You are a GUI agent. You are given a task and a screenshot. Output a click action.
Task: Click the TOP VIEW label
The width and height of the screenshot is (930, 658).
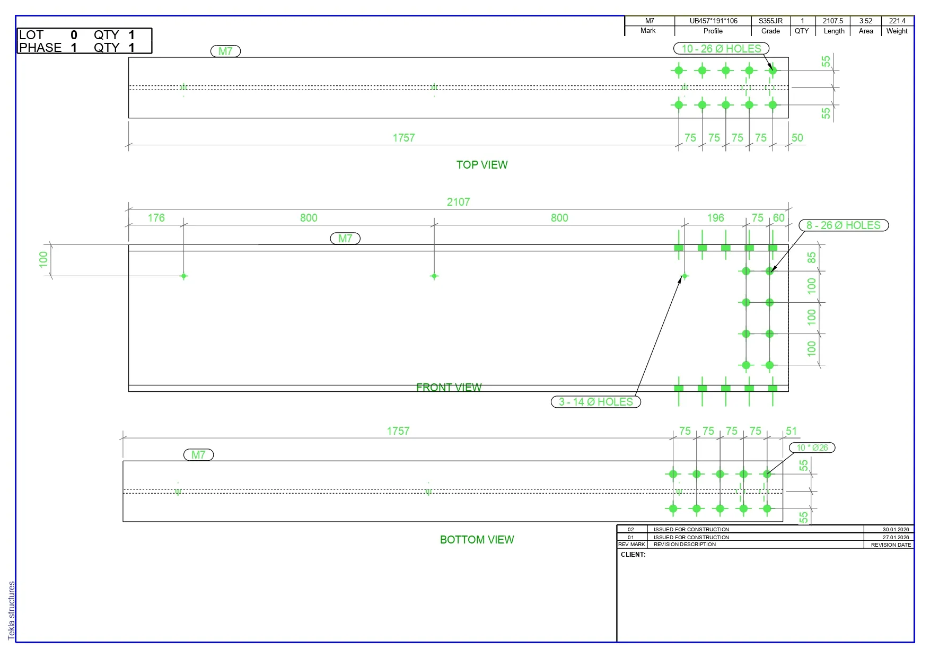[x=482, y=165]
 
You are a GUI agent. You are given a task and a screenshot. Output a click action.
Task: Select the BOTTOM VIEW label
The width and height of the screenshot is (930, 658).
[x=477, y=540]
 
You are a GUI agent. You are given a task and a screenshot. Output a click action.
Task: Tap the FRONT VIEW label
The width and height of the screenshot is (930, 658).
[x=449, y=388]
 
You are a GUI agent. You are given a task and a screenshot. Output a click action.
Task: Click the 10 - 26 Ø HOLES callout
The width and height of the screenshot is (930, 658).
[x=721, y=49]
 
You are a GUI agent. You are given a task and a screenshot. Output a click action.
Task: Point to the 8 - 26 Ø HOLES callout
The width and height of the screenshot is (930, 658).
[x=844, y=225]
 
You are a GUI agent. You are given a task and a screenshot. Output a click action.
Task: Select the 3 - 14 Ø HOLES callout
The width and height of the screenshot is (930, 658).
[x=596, y=402]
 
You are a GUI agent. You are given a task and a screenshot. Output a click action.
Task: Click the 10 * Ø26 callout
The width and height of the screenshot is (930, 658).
[x=812, y=448]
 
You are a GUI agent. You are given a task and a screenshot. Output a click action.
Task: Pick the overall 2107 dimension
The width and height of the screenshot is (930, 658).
[x=458, y=202]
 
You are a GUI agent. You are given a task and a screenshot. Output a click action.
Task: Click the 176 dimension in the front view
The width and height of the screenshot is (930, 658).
[x=156, y=218]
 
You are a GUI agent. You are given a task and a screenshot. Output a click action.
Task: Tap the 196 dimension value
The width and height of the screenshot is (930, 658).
[x=715, y=218]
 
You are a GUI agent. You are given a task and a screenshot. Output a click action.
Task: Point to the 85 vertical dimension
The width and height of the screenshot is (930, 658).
[x=812, y=258]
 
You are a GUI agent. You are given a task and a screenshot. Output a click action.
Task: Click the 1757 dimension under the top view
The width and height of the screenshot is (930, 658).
[x=403, y=138]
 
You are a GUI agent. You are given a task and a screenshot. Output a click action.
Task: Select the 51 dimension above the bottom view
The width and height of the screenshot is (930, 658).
[x=791, y=431]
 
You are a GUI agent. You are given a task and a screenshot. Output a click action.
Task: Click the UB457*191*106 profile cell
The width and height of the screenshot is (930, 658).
[x=713, y=21]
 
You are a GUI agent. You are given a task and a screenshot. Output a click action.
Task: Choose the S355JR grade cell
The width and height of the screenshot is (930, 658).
[x=770, y=21]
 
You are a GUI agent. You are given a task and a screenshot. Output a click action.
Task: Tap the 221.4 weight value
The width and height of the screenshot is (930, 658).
[x=897, y=21]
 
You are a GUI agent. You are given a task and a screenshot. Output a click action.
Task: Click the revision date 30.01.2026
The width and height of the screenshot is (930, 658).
[x=896, y=530]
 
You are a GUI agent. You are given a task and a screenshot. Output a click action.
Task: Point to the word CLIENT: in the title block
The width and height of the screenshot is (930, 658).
[x=633, y=555]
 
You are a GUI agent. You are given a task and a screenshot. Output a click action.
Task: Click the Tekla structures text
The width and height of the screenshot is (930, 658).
[x=12, y=610]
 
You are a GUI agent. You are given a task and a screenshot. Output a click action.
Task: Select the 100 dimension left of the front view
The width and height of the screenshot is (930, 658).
[x=43, y=259]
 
